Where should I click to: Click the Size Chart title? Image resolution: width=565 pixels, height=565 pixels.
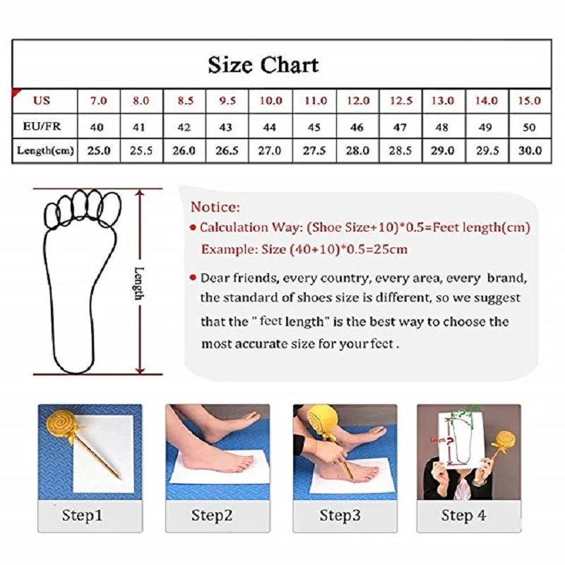pyautogui.click(x=263, y=65)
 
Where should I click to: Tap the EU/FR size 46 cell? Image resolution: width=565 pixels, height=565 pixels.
pyautogui.click(x=357, y=127)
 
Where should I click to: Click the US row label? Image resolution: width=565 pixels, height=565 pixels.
pyautogui.click(x=42, y=100)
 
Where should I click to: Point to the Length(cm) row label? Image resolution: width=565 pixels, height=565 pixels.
pyautogui.click(x=44, y=150)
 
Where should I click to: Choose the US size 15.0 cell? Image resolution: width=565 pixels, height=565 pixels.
pyautogui.click(x=530, y=100)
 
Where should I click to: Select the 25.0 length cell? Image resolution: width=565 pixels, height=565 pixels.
pyautogui.click(x=97, y=150)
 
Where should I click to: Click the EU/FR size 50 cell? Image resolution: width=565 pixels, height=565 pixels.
pyautogui.click(x=530, y=127)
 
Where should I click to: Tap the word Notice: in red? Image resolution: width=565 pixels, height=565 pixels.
pyautogui.click(x=215, y=208)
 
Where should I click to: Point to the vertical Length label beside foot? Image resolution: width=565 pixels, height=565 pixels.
pyautogui.click(x=138, y=282)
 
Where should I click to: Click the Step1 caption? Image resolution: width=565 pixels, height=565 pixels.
pyautogui.click(x=82, y=516)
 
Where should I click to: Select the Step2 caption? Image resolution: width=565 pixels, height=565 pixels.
pyautogui.click(x=212, y=516)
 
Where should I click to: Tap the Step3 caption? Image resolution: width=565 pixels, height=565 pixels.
pyautogui.click(x=340, y=516)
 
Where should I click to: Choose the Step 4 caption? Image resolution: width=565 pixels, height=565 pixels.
pyautogui.click(x=464, y=516)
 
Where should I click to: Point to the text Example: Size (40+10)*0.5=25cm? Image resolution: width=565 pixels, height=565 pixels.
pyautogui.click(x=304, y=249)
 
